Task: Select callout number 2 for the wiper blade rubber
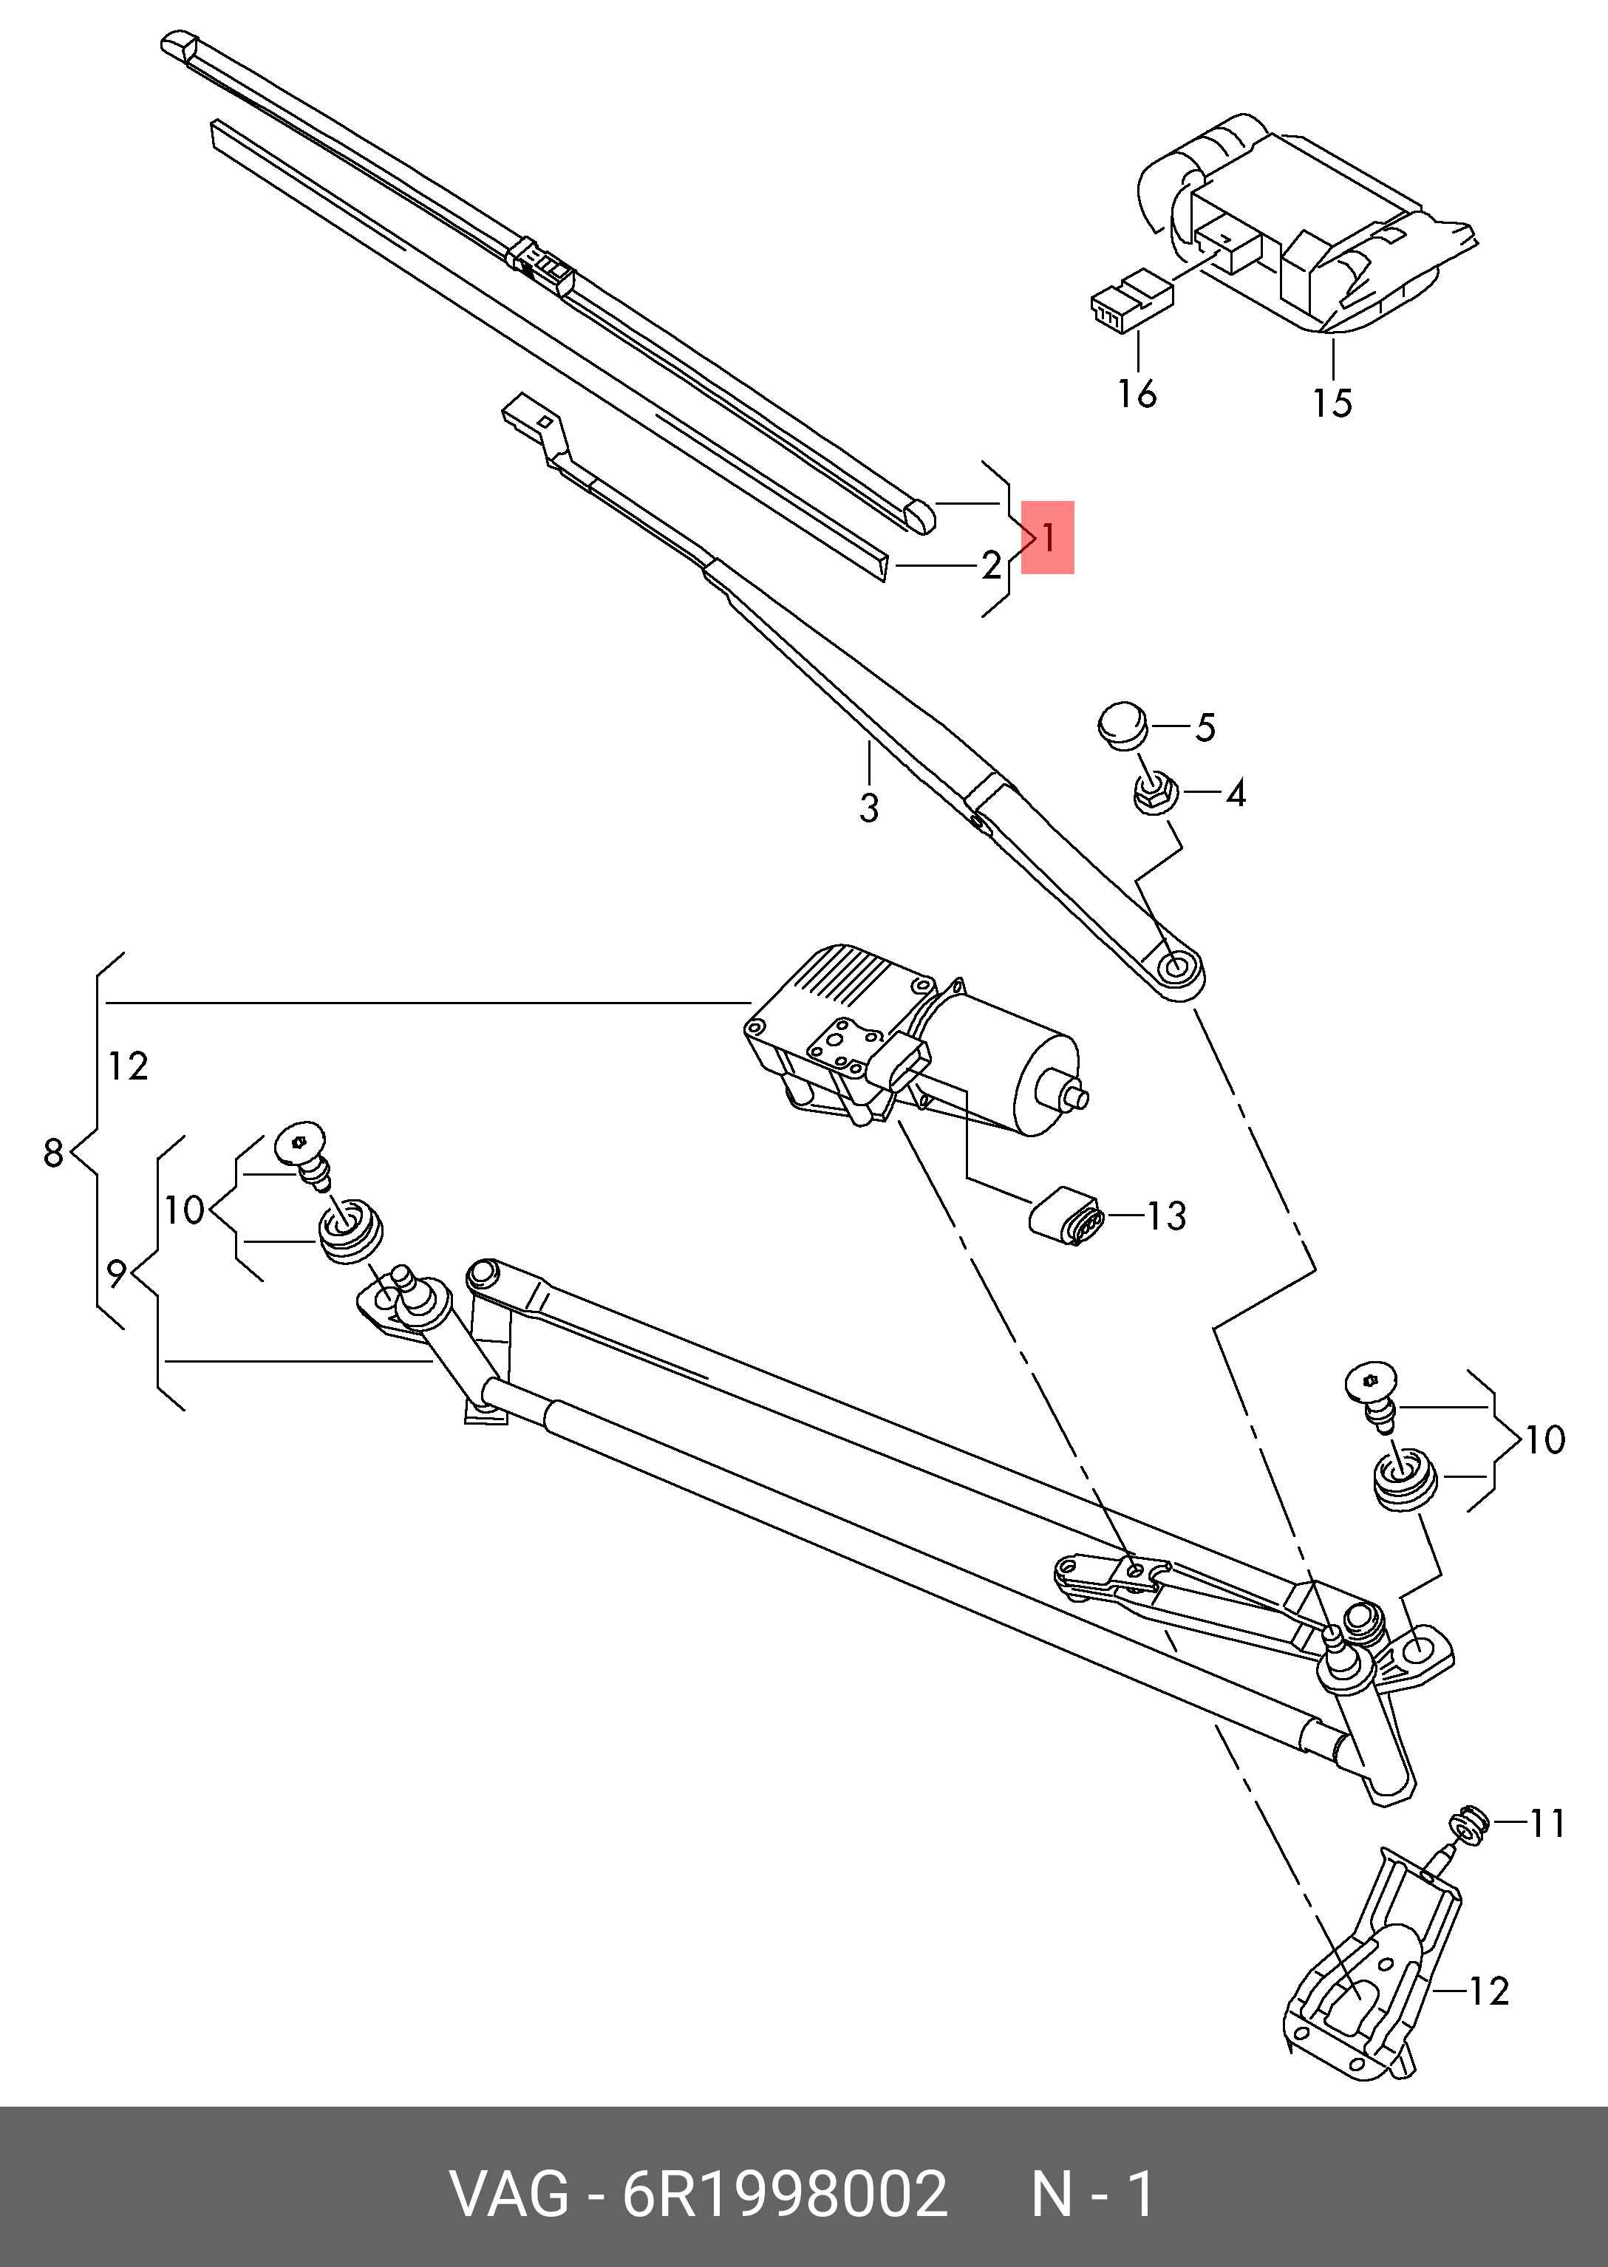pos(991,565)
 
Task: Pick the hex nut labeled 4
pos(1153,793)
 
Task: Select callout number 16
pos(1137,393)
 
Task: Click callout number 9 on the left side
pos(117,1274)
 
